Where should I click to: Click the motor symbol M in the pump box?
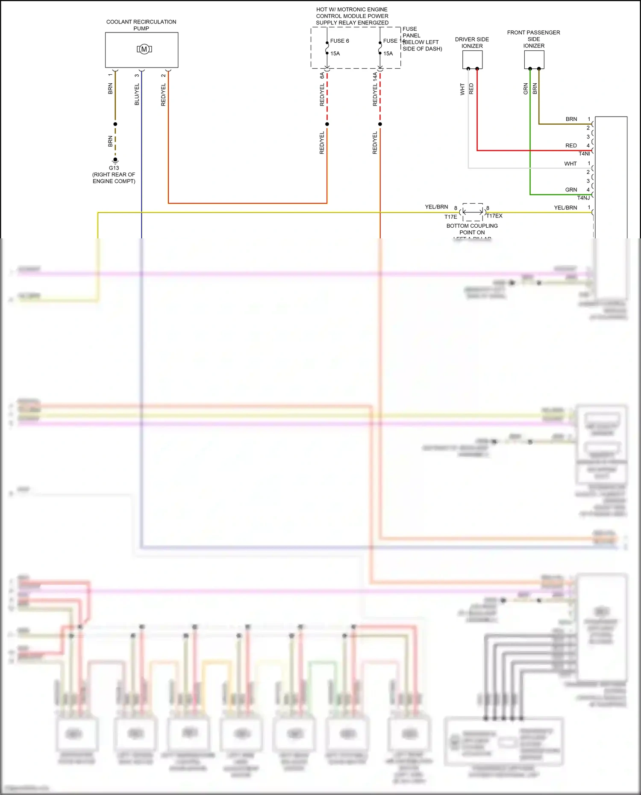click(144, 49)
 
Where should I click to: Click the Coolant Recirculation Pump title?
click(141, 25)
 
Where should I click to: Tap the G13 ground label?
click(114, 168)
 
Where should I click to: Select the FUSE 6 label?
click(339, 41)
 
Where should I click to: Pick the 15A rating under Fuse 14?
click(388, 53)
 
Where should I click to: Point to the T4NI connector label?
click(584, 153)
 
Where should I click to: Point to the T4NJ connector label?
click(583, 198)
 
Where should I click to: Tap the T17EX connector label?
click(494, 216)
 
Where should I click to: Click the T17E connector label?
click(450, 217)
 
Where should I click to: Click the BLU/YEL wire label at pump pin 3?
click(137, 94)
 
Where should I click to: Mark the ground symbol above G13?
click(115, 161)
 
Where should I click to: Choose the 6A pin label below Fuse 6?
click(322, 75)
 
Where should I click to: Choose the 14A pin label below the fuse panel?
click(375, 76)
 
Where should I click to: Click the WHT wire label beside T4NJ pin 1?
click(570, 164)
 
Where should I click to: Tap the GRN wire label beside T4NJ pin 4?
click(571, 190)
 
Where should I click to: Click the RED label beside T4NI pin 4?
click(571, 146)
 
